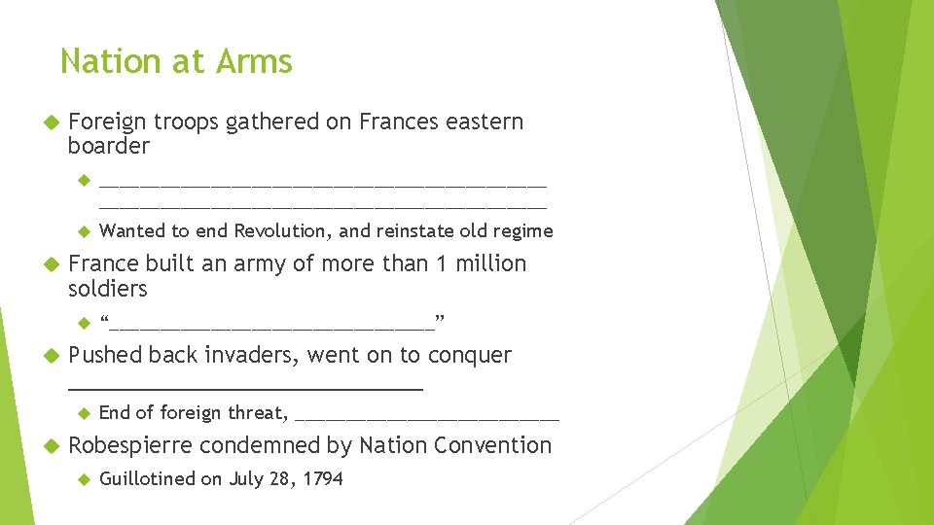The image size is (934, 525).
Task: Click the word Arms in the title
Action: pos(254,61)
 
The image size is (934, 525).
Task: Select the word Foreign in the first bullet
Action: pos(107,122)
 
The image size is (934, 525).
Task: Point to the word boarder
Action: pos(108,147)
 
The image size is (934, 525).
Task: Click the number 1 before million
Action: pos(440,264)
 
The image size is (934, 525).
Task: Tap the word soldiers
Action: pos(107,289)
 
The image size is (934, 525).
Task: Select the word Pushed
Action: pos(106,356)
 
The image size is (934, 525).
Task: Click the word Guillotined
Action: pos(147,478)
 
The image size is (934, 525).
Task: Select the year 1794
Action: pos(323,478)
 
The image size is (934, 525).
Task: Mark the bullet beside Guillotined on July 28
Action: pos(83,478)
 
